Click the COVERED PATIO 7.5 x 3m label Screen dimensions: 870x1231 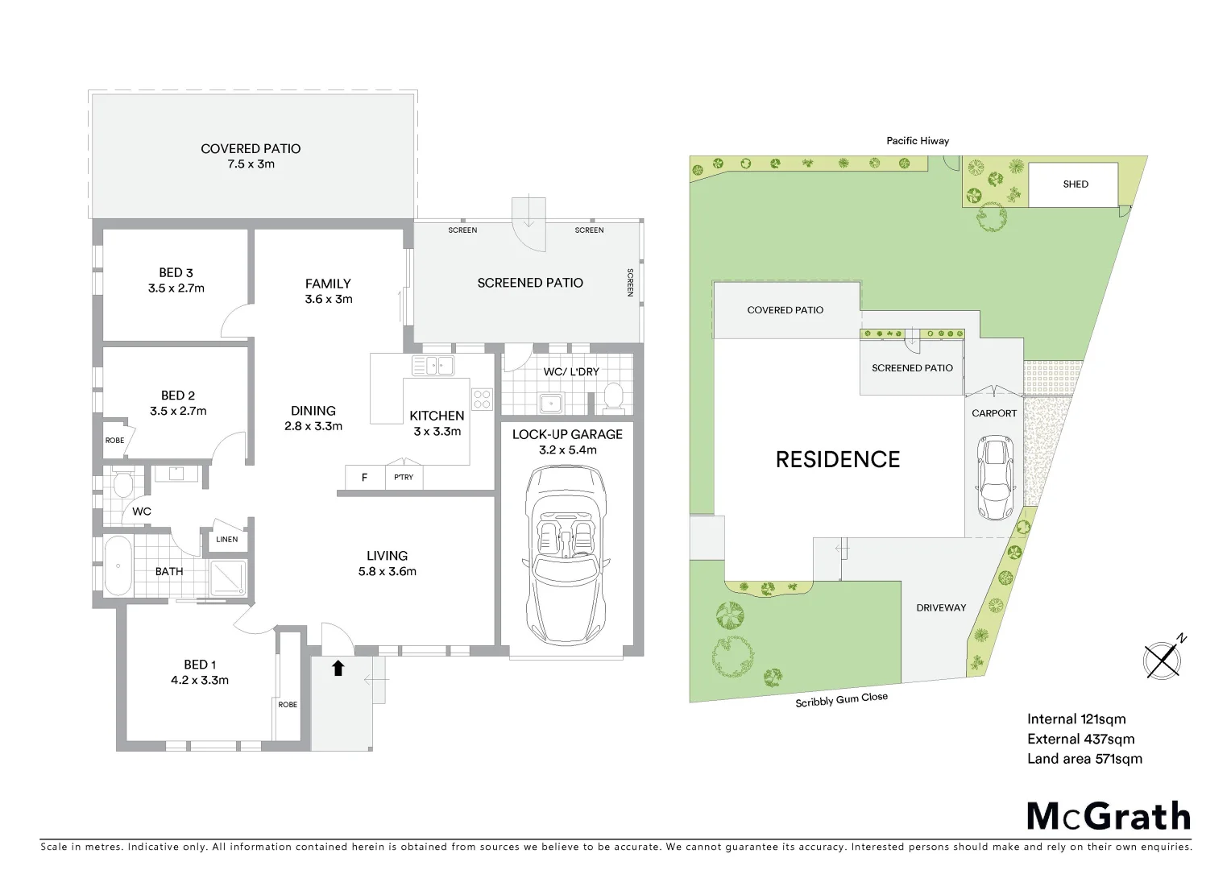(251, 156)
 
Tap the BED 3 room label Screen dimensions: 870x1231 (176, 280)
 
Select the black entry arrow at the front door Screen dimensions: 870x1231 (338, 668)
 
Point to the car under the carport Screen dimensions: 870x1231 (994, 478)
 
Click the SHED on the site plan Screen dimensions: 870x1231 (1075, 184)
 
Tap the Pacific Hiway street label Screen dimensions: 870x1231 (918, 141)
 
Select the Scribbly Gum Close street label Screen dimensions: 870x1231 (841, 700)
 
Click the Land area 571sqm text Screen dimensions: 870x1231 (1084, 758)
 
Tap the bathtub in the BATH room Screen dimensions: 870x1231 (118, 565)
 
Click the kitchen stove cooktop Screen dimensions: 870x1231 (482, 399)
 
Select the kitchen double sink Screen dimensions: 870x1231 (433, 366)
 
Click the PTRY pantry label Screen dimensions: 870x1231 (404, 477)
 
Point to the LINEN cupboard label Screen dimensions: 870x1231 (227, 539)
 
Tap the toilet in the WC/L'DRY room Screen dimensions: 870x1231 (613, 396)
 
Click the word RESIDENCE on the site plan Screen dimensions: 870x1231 (837, 459)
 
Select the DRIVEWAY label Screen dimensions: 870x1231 (940, 607)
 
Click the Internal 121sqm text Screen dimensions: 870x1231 (1076, 719)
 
